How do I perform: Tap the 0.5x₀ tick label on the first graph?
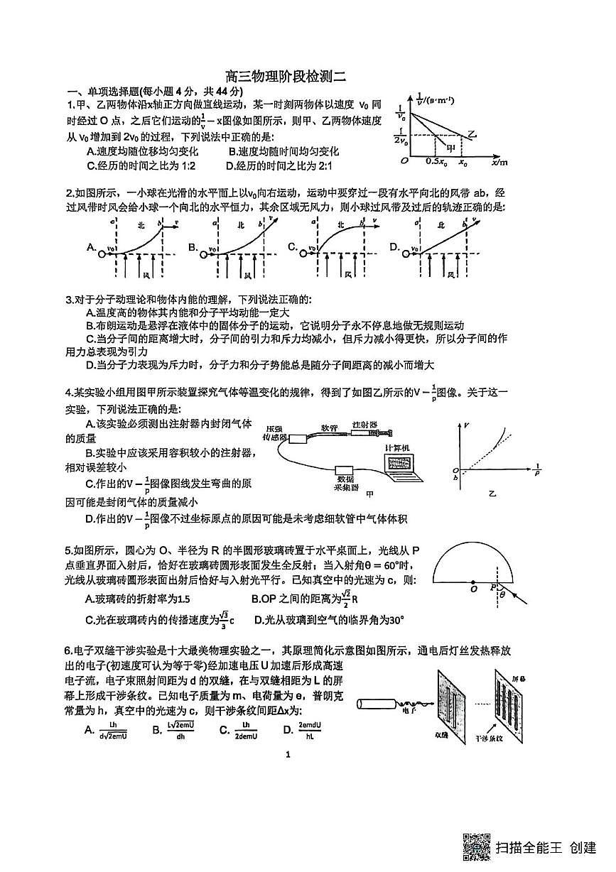[435, 162]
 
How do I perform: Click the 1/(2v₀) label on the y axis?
[403, 135]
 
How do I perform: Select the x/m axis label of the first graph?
[499, 162]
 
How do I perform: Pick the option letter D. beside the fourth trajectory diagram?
[394, 246]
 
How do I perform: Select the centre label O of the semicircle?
[473, 589]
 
